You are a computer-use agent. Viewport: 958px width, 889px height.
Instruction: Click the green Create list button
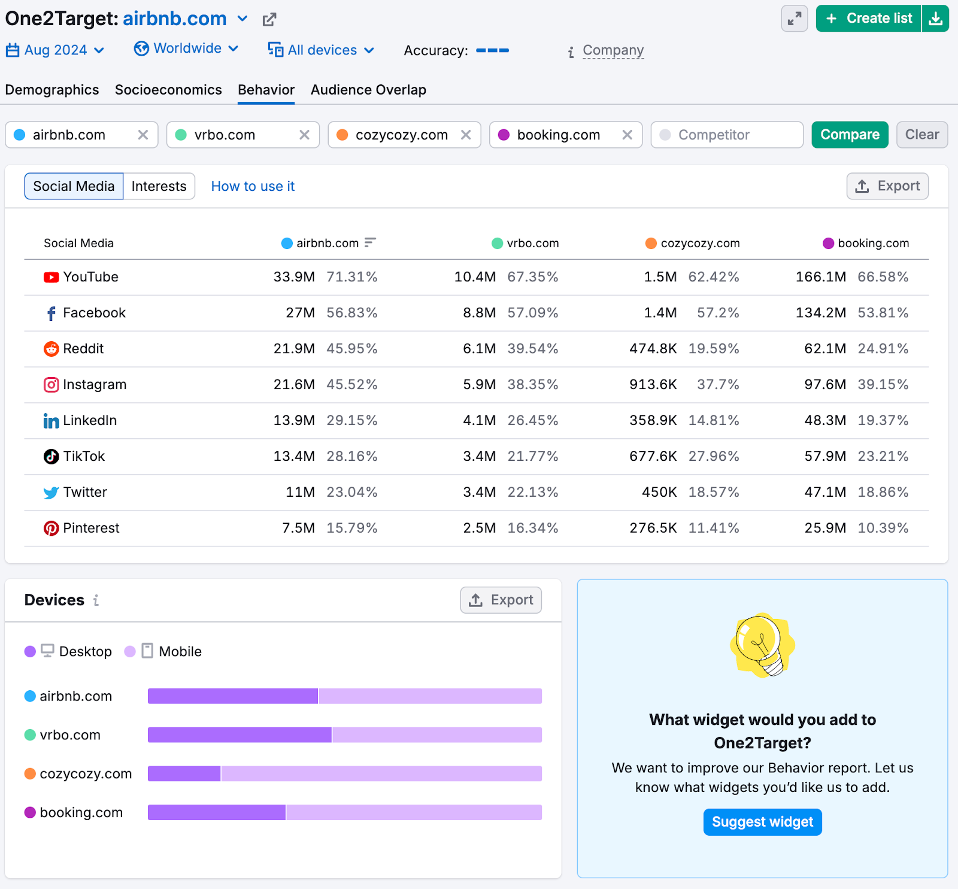[868, 19]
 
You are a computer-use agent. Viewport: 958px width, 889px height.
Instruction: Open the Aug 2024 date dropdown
[55, 50]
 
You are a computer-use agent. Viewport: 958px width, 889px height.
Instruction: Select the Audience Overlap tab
[368, 90]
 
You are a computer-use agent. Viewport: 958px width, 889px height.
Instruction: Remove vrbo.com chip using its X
[304, 135]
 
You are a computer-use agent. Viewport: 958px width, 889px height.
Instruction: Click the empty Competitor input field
[727, 135]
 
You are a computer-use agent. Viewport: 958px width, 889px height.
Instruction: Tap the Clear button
[921, 135]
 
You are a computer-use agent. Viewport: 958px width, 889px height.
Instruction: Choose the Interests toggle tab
[159, 186]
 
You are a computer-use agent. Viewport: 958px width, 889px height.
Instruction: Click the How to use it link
[253, 186]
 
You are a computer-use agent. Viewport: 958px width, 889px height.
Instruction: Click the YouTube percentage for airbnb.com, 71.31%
[352, 277]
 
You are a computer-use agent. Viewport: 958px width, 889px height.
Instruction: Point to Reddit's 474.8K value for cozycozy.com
[653, 348]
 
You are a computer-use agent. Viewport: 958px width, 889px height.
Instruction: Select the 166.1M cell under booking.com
[820, 277]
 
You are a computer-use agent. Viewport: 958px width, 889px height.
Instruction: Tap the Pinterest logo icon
[51, 528]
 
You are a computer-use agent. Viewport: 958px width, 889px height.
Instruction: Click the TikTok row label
[84, 456]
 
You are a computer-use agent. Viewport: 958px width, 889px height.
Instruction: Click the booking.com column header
[872, 243]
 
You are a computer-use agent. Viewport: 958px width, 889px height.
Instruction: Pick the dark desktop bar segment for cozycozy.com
[184, 773]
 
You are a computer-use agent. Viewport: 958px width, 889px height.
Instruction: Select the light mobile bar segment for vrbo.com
[436, 735]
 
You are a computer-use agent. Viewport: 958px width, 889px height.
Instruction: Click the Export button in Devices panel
[501, 600]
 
